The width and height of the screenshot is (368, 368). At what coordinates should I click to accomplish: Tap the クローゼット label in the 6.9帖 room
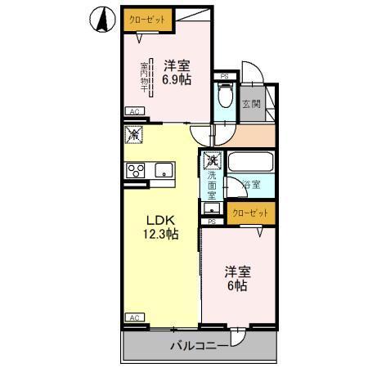[141, 19]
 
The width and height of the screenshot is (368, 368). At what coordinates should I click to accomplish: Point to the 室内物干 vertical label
[144, 77]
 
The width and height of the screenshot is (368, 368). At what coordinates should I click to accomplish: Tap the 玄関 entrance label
[251, 103]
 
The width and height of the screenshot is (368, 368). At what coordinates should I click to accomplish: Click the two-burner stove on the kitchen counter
[135, 170]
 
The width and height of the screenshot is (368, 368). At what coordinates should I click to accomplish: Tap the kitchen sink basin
[164, 170]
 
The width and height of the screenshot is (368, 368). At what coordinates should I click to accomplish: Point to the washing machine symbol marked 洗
[212, 160]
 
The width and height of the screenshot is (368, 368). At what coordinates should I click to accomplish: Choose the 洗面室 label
[211, 185]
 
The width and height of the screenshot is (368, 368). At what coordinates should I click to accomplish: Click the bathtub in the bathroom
[250, 161]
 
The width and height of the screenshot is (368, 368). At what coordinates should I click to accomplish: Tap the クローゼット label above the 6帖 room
[249, 213]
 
